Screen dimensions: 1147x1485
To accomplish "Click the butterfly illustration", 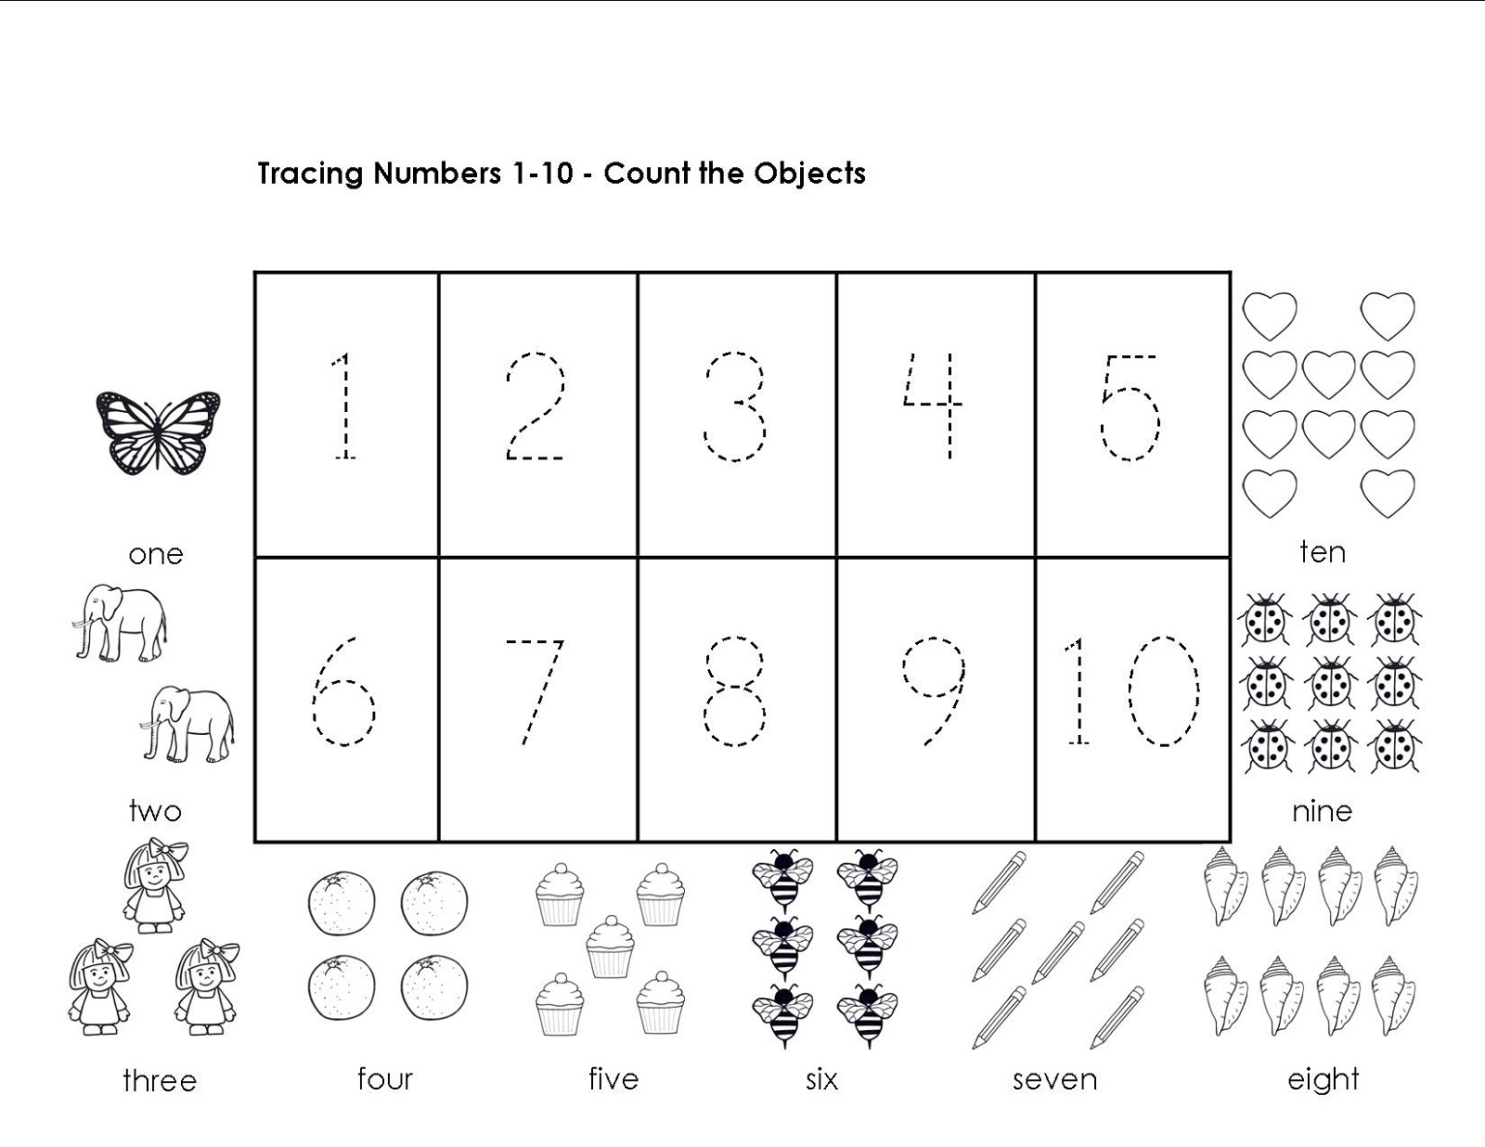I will (x=158, y=432).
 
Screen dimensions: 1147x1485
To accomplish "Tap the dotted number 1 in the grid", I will (x=343, y=406).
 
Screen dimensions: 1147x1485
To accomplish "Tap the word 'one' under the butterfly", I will (x=156, y=555).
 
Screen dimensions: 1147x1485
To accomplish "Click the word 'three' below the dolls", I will (x=160, y=1080).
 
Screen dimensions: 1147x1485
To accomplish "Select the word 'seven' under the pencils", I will (x=1054, y=1079).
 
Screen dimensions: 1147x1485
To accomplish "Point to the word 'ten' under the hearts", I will (x=1323, y=552).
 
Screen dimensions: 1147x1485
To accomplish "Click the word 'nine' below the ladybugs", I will (x=1322, y=811).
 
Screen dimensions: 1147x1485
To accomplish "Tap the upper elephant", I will (x=120, y=623).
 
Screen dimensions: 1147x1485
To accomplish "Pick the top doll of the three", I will (x=155, y=886).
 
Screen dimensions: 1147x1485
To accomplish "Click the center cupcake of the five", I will (x=610, y=946).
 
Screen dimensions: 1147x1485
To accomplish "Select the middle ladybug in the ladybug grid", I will (x=1332, y=684).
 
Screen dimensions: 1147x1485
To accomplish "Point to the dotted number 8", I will (x=734, y=690).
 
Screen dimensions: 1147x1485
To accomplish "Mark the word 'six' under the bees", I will (x=821, y=1079).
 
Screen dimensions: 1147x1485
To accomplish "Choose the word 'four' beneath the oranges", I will (x=384, y=1079).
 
